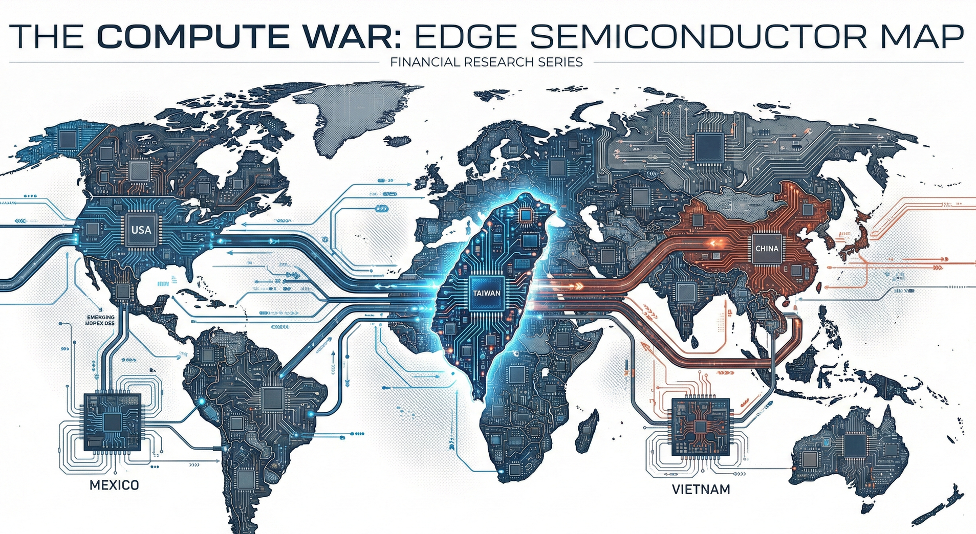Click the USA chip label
pos(141,230)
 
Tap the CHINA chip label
pos(767,249)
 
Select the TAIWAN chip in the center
pos(487,293)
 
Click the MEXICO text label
pos(114,485)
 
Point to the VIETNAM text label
pos(701,489)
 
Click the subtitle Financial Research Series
pos(486,62)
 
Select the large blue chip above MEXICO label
pos(112,421)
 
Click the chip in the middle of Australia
pos(855,446)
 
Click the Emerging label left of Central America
pos(101,320)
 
